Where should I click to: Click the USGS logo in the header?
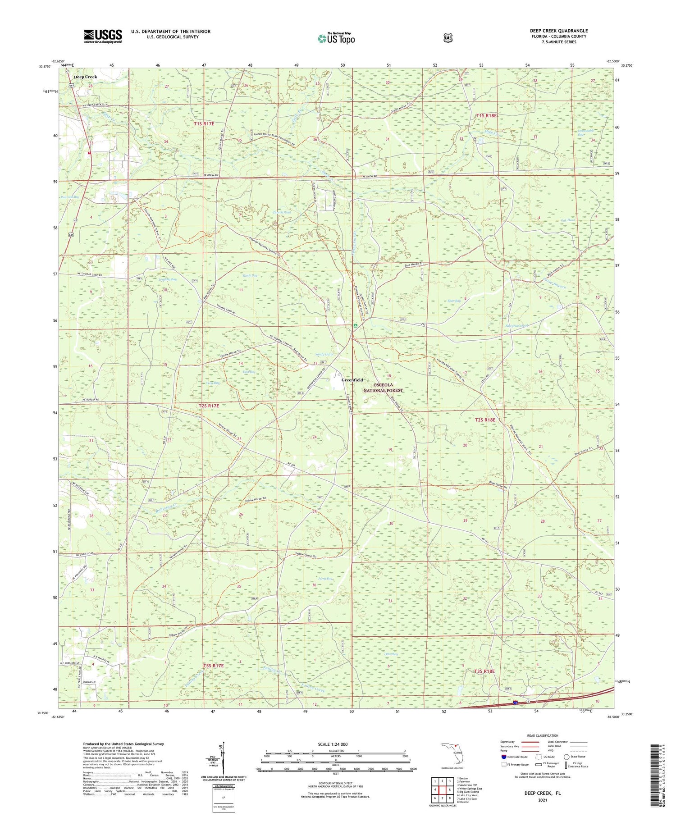coord(103,36)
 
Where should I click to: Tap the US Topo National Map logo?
coord(336,38)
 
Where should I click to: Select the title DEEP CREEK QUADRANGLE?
coord(558,31)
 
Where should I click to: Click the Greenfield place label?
coord(352,380)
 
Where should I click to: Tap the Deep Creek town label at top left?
coord(85,77)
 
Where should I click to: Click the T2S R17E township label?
coord(209,406)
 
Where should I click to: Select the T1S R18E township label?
coord(486,116)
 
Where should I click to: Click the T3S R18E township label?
coord(484,671)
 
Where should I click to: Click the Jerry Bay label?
coord(325,579)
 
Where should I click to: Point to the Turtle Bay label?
coord(250,275)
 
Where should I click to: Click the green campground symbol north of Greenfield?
coord(355,325)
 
